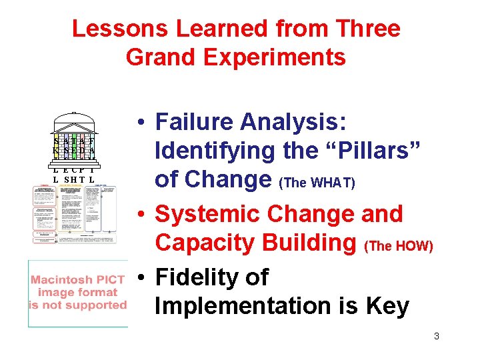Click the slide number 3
tap(436, 336)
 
